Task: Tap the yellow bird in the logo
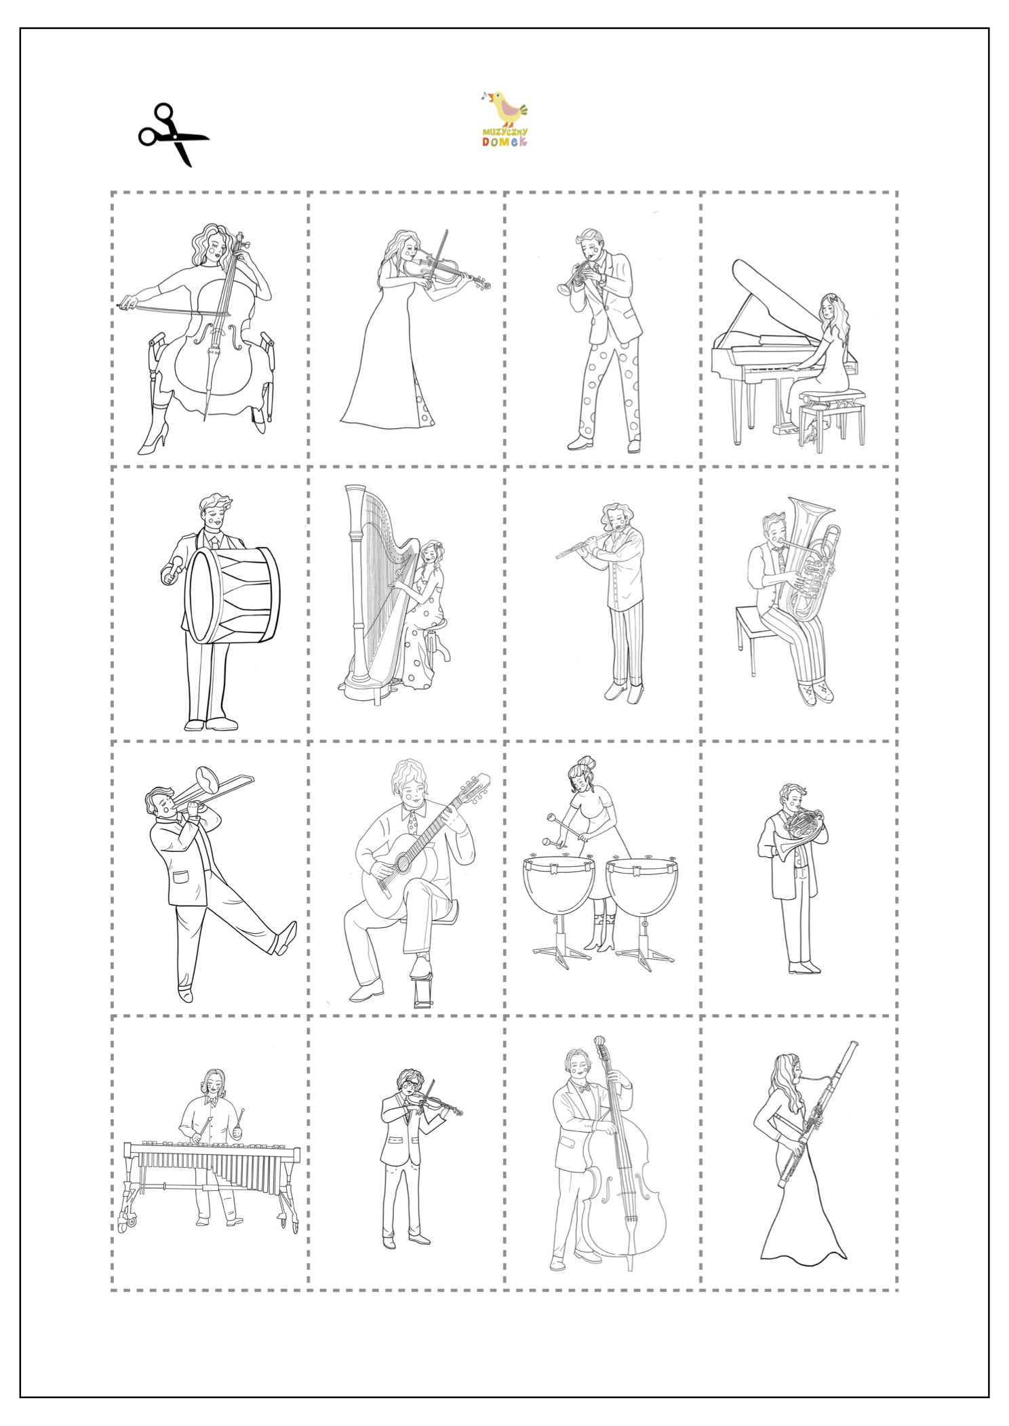tap(507, 108)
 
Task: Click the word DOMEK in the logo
tap(504, 141)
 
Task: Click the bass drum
tap(232, 595)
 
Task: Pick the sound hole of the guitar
tap(402, 861)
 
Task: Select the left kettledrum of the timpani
tap(559, 884)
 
